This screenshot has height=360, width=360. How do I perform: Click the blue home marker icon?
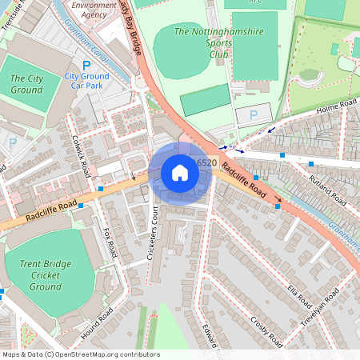click(180, 173)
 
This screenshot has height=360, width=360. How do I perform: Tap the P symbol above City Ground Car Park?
click(86, 64)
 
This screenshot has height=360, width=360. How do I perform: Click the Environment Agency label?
click(94, 10)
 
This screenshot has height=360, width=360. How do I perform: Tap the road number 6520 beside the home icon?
click(206, 163)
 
